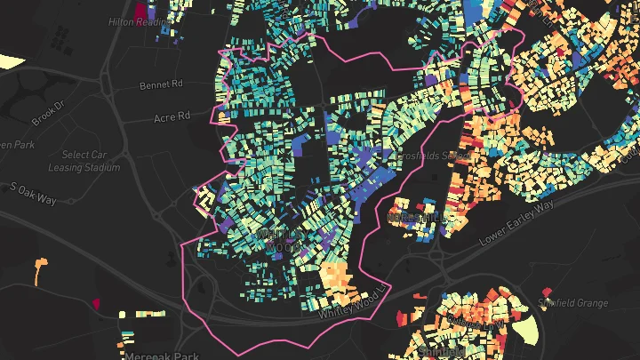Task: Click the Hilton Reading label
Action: click(x=136, y=21)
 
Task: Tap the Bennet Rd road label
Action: click(x=160, y=86)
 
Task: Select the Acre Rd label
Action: click(x=172, y=116)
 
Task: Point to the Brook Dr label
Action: click(x=50, y=113)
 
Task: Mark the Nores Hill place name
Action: click(x=414, y=217)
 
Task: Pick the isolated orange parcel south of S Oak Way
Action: click(x=39, y=268)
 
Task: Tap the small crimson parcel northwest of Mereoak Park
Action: click(x=96, y=304)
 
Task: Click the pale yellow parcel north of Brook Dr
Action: click(x=12, y=60)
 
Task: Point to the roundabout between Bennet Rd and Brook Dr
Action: click(x=105, y=86)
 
